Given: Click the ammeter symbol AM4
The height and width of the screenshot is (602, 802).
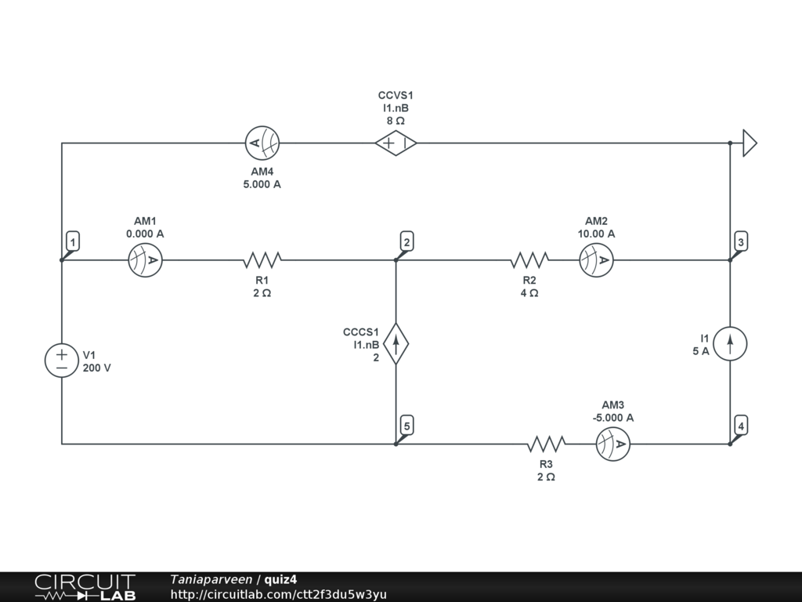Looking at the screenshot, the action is click(x=262, y=143).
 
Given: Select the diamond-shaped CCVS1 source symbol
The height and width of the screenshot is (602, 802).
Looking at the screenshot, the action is click(x=396, y=143).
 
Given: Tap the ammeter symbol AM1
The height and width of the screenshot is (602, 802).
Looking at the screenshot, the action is click(x=145, y=260).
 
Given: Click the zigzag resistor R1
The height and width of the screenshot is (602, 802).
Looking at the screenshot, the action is click(x=262, y=260).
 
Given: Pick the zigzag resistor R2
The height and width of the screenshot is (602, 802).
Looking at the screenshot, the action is click(x=529, y=260).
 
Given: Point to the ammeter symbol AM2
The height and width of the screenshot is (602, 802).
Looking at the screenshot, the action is click(x=596, y=260).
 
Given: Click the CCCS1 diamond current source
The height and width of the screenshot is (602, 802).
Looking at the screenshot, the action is click(x=396, y=343).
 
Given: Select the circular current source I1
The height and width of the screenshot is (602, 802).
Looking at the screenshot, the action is click(x=730, y=343).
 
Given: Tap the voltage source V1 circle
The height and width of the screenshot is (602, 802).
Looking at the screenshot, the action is click(x=62, y=361).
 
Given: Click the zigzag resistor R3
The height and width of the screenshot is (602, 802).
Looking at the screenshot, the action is click(x=546, y=444).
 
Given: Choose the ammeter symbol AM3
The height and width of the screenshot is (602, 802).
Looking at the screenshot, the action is click(x=613, y=444).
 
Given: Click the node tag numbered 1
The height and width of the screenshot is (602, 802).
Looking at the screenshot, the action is click(x=73, y=241).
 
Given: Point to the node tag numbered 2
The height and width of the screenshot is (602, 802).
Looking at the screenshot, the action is click(x=407, y=241).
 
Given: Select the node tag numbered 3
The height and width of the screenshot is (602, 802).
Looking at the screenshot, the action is click(x=741, y=241).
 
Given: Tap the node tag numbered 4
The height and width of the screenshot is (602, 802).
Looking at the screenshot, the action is click(x=741, y=426).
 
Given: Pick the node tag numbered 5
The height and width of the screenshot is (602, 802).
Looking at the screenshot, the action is click(x=407, y=426).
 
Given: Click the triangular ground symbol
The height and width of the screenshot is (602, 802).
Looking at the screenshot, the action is click(x=750, y=143).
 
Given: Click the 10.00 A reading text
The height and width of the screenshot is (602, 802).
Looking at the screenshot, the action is click(x=596, y=234).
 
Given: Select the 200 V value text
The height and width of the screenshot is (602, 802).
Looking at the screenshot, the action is click(x=96, y=368).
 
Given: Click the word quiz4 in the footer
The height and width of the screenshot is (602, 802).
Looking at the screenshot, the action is click(x=280, y=579).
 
